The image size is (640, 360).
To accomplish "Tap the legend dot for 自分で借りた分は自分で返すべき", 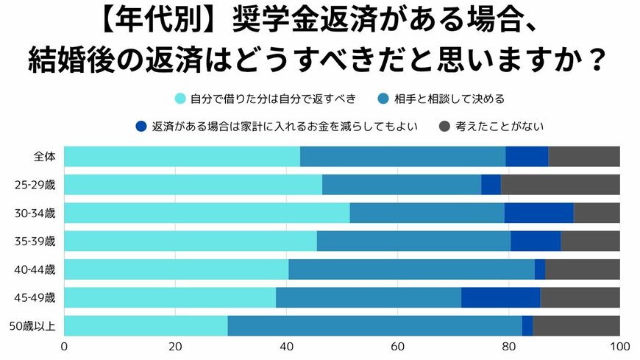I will point(180,99).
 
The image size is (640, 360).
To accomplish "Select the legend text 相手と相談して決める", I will point(449,99).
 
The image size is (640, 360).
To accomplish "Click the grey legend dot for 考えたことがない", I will point(444,126).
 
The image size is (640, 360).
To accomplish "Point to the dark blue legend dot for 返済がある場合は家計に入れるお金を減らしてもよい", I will point(141,126).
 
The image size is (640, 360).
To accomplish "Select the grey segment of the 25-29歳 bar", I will point(560,185).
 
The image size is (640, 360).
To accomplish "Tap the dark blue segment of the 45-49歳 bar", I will point(500,297).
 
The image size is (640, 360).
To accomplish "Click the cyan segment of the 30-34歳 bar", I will point(207,213).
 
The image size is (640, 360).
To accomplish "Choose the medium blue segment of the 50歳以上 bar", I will point(374,325).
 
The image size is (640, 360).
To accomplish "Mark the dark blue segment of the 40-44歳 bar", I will point(540,269).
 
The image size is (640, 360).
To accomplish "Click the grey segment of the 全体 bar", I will point(584,157).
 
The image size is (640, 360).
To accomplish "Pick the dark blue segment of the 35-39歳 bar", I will point(536,241).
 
